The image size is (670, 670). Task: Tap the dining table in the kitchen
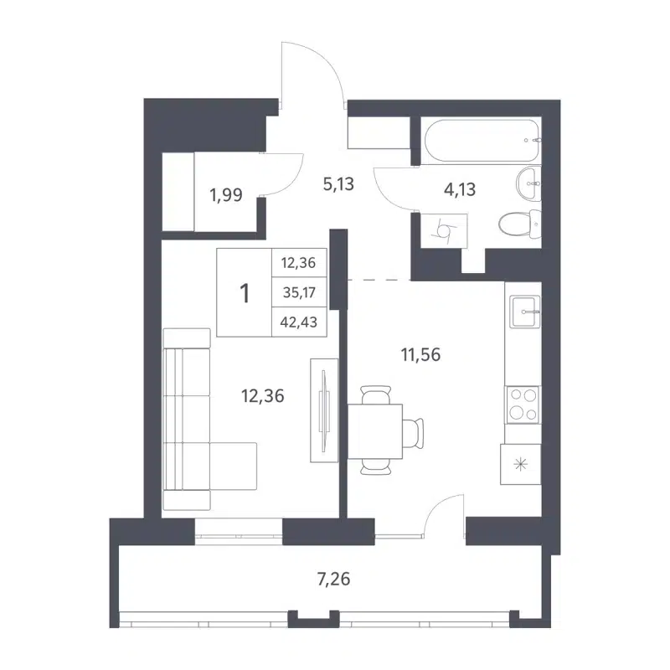(375, 430)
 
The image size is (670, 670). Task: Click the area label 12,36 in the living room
(261, 397)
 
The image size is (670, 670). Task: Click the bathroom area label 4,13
(459, 188)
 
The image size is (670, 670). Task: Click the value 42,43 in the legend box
(299, 322)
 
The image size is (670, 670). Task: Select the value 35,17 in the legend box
(299, 292)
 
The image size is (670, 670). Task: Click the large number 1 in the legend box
(245, 293)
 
